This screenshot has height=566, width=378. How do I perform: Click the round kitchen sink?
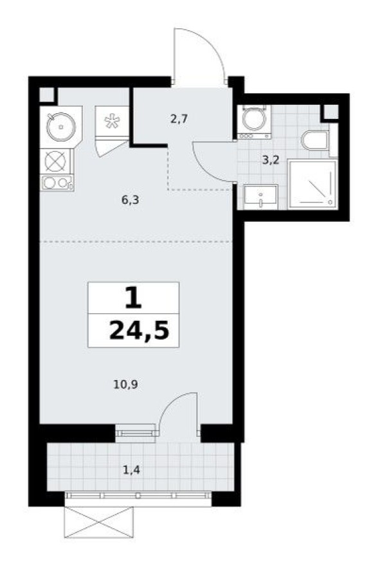60,127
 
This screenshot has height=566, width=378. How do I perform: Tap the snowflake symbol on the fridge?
112,122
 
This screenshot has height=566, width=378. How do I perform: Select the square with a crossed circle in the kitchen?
56,160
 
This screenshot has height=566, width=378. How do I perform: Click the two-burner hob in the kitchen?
56,183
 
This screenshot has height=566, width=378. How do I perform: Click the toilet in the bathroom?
314,141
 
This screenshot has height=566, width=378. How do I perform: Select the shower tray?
312,185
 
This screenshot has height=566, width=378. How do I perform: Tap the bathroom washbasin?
260,196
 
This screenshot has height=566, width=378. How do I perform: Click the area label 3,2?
270,160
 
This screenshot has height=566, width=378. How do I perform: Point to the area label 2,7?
179,118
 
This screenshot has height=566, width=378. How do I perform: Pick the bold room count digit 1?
134,297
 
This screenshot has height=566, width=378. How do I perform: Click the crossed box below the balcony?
98,522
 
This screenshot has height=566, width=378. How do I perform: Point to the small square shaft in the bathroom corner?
330,111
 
